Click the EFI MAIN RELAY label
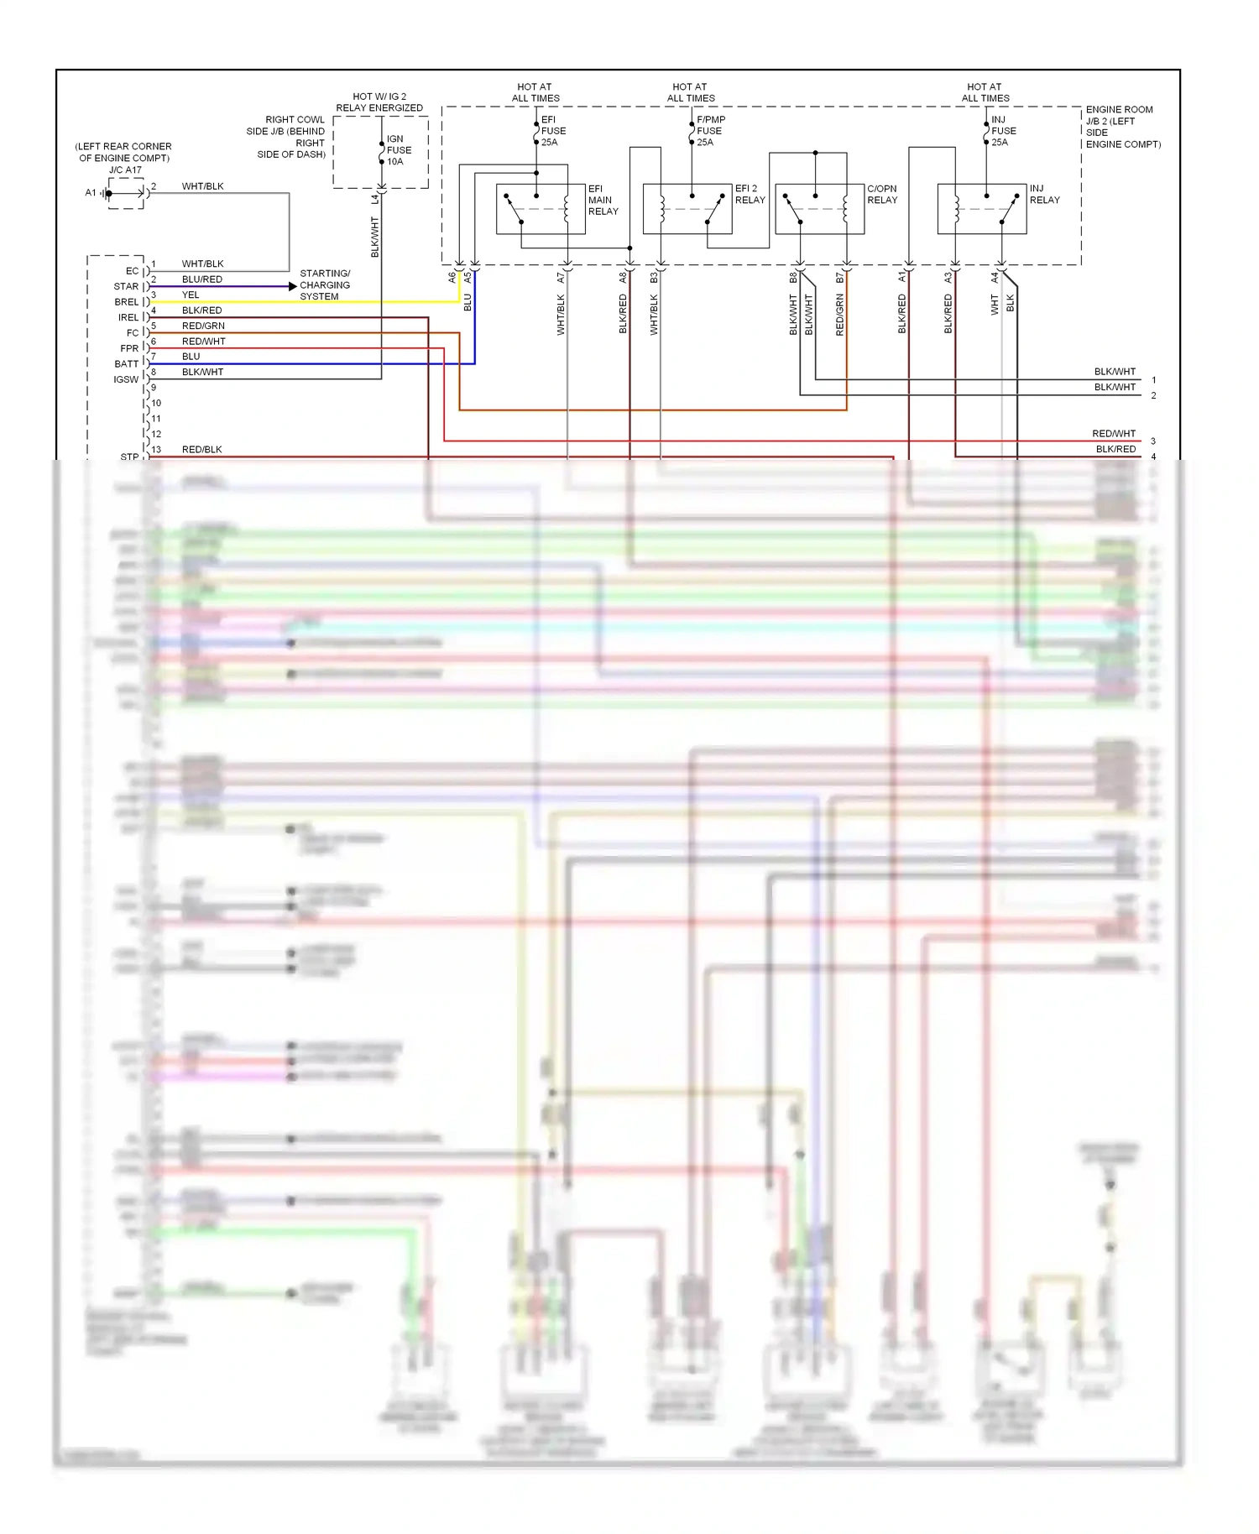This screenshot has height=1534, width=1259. coord(603,200)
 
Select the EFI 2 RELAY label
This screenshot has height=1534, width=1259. coord(750,194)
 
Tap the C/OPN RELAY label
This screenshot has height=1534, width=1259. coord(881,194)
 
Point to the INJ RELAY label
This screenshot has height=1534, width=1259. coord(1044,194)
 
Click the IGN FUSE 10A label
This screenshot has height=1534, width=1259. coord(399,150)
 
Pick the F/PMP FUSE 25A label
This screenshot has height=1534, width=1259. coord(710,131)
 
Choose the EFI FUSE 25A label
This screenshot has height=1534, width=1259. coord(552,131)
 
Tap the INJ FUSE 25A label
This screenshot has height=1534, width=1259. coord(1003,131)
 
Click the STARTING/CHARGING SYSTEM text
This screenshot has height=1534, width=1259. coord(325,285)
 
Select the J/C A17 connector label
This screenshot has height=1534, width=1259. coord(125,170)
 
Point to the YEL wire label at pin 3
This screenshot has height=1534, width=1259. coord(191,295)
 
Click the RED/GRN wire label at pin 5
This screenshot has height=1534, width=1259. coord(203,326)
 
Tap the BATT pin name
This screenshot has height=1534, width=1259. coord(126,364)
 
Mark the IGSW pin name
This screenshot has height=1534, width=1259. coord(126,379)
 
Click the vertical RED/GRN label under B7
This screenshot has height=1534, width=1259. coord(840,315)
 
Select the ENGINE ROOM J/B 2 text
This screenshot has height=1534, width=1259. coord(1122,127)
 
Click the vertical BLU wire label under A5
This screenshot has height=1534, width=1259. coord(468,303)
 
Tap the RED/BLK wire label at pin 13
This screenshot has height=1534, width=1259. coord(201,450)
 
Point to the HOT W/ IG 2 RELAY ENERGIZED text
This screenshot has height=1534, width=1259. coord(379,102)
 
